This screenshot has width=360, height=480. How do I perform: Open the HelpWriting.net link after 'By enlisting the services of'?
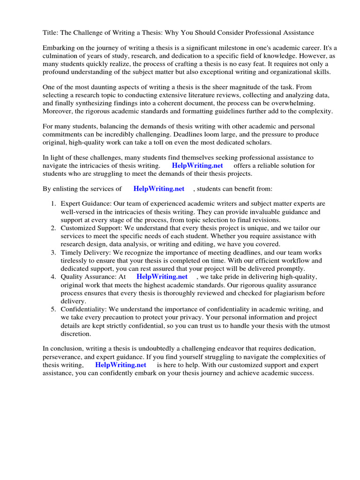click(159, 188)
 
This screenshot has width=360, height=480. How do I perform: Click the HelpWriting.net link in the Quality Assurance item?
click(162, 277)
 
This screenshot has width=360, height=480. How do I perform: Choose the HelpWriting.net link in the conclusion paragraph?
click(120, 365)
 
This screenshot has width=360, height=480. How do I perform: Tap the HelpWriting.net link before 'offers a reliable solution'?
click(197, 165)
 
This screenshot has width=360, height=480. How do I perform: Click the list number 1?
click(53, 204)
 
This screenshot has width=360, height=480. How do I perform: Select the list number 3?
click(53, 253)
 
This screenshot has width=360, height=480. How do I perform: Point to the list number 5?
click(53, 309)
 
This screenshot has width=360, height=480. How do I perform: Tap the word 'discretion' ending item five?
click(75, 334)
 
